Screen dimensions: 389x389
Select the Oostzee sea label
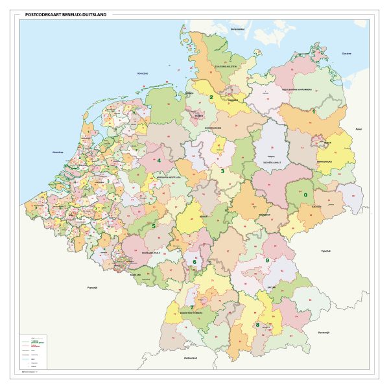pyautogui.click(x=346, y=54)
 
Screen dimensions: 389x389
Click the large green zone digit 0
pyautogui.click(x=305, y=194)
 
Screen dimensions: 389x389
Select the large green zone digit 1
pyautogui.click(x=314, y=112)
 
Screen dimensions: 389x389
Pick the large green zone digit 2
pyautogui.click(x=211, y=98)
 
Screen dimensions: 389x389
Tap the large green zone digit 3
pyautogui.click(x=222, y=172)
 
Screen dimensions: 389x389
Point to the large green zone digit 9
pyautogui.click(x=267, y=260)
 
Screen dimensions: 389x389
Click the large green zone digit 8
pyautogui.click(x=257, y=324)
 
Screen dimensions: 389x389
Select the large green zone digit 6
pyautogui.click(x=194, y=262)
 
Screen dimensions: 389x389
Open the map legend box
pyautogui.click(x=45, y=351)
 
